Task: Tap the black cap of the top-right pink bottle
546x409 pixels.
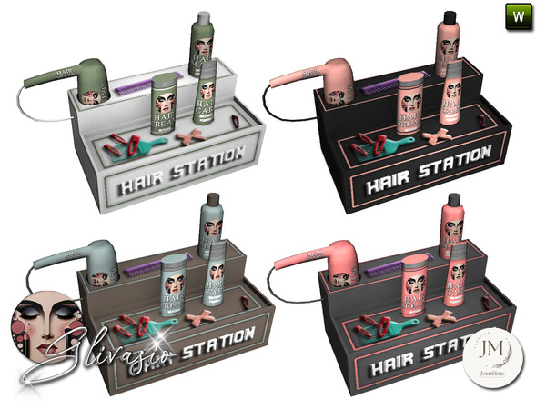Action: tap(450, 16)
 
